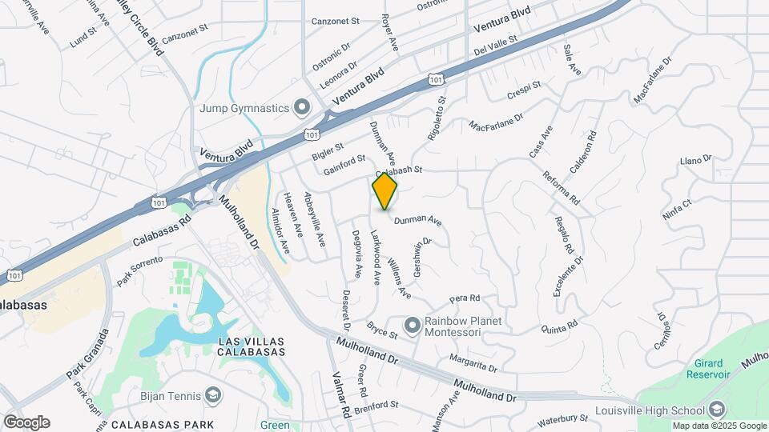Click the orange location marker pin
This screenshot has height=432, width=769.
[385, 191]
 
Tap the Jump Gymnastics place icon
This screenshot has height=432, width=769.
[302, 107]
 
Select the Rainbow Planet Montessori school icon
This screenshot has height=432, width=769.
[413, 325]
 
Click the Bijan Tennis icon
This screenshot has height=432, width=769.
[214, 394]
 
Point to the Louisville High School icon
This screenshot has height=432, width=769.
[717, 408]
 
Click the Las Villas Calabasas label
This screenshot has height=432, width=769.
[252, 346]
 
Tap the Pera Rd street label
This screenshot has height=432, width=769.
[464, 298]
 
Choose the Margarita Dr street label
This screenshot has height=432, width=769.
[474, 365]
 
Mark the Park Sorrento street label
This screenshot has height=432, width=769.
[139, 270]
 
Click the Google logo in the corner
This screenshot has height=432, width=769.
[26, 422]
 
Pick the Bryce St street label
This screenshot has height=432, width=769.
[382, 328]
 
